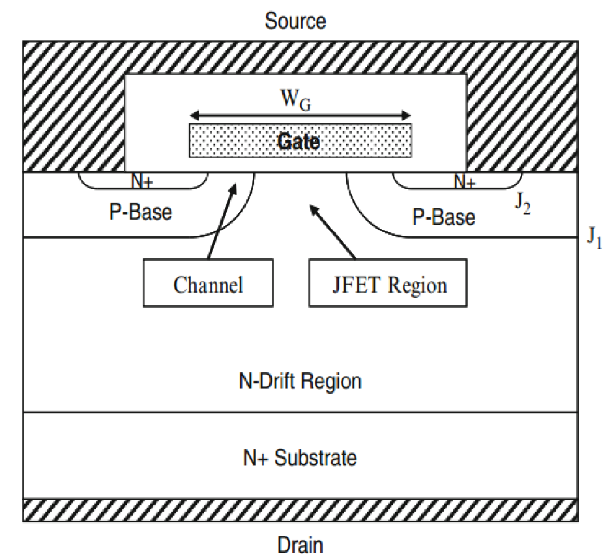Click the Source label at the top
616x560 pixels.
click(295, 21)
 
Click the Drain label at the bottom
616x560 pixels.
click(300, 544)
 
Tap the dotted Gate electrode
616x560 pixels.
click(301, 141)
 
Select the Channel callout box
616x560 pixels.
click(208, 284)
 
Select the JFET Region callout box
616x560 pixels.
click(388, 284)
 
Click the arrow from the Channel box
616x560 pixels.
click(220, 222)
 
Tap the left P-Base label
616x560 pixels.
click(141, 213)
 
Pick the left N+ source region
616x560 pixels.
click(143, 181)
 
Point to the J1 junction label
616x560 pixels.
click(594, 237)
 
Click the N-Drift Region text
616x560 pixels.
click(300, 380)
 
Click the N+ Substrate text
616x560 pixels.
click(300, 458)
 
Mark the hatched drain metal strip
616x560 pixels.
click(300, 510)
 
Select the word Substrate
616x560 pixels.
click(315, 458)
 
